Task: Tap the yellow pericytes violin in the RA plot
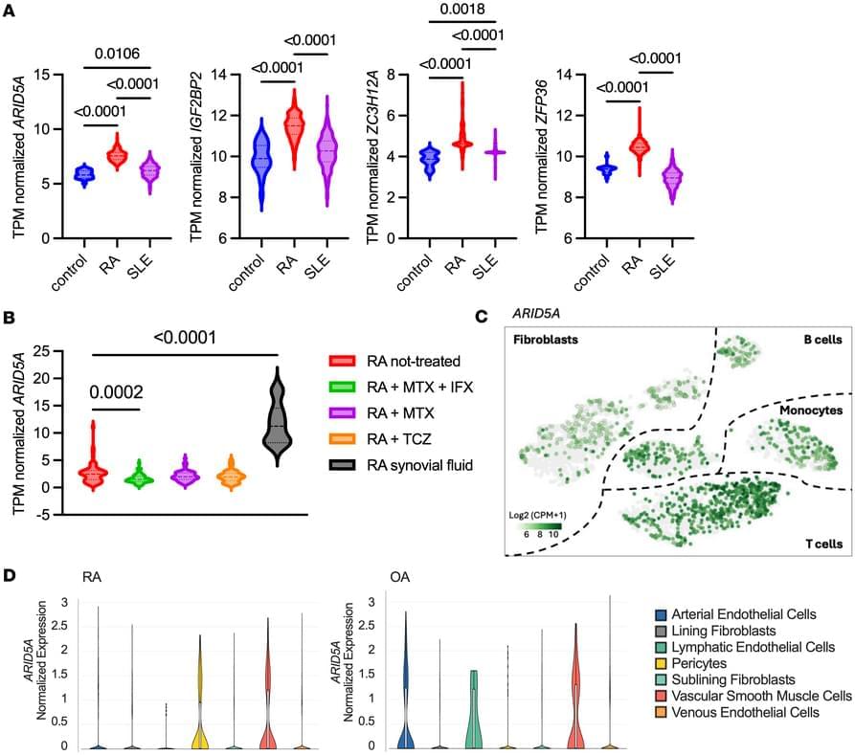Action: (200, 699)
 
